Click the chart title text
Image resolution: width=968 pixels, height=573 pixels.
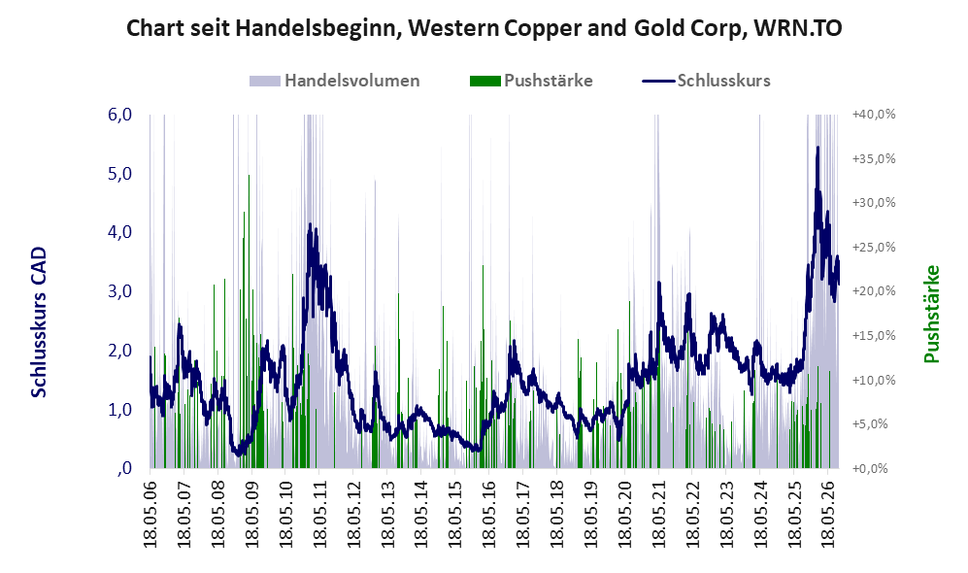tap(484, 28)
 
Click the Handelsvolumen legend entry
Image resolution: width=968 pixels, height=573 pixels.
tap(335, 81)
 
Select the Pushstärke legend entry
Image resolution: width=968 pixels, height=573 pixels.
tap(531, 81)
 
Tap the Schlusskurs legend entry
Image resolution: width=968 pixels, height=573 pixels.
tap(706, 81)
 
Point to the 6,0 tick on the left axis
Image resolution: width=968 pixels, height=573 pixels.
tap(119, 115)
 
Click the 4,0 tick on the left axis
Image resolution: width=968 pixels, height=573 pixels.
tap(119, 232)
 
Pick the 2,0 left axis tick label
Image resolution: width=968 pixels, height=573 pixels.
tap(119, 350)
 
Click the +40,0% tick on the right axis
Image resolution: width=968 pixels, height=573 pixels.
tap(874, 115)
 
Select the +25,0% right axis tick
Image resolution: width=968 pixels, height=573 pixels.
tap(874, 247)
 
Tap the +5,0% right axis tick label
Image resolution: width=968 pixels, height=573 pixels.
tap(874, 424)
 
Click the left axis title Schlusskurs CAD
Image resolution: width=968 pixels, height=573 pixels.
tap(39, 321)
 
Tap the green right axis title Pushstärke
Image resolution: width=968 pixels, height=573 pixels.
tap(932, 314)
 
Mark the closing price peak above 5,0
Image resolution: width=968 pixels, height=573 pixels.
tap(818, 148)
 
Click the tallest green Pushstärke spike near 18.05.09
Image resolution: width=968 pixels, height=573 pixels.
tap(249, 176)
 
